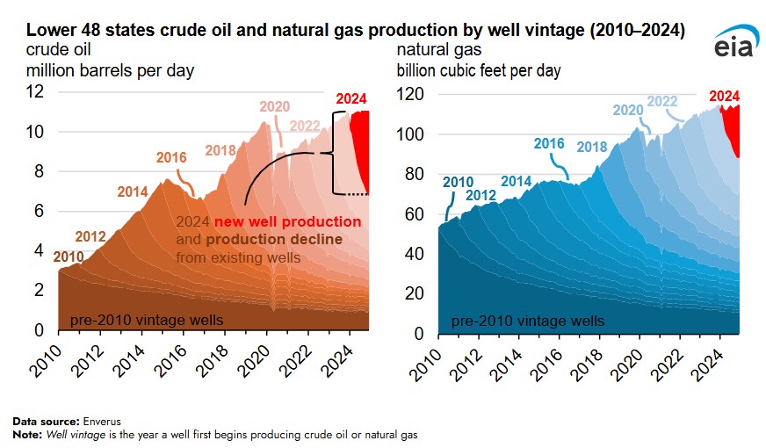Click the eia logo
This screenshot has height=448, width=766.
click(x=731, y=44)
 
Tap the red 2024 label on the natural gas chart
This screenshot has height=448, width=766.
click(x=724, y=96)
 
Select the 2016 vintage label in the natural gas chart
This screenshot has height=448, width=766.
click(x=550, y=144)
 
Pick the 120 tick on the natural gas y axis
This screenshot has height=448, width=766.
click(x=413, y=94)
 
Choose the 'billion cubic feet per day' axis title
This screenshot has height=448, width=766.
click(x=479, y=70)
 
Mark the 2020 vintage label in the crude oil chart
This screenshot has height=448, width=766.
click(x=274, y=107)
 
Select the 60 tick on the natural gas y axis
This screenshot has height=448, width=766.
click(x=417, y=214)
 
